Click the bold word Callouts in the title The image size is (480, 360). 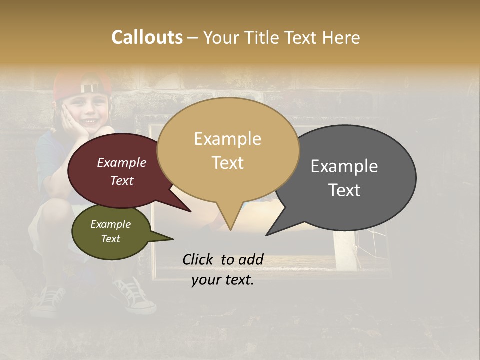[x=147, y=37]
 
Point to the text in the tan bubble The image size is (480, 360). [x=228, y=151]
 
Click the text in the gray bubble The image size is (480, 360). [x=344, y=178]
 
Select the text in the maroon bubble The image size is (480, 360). [x=122, y=171]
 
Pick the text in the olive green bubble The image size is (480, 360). [x=110, y=231]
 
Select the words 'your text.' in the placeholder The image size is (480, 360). [x=223, y=280]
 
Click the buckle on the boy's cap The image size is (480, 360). [x=90, y=88]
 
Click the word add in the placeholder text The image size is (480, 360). [x=251, y=259]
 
